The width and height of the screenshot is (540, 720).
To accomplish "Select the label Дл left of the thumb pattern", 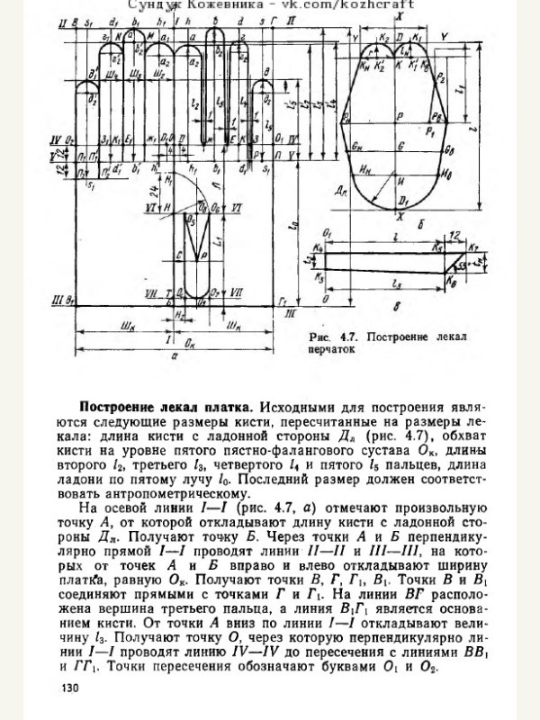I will [x=342, y=190].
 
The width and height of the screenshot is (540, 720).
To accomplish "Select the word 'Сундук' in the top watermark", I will [x=152, y=5].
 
